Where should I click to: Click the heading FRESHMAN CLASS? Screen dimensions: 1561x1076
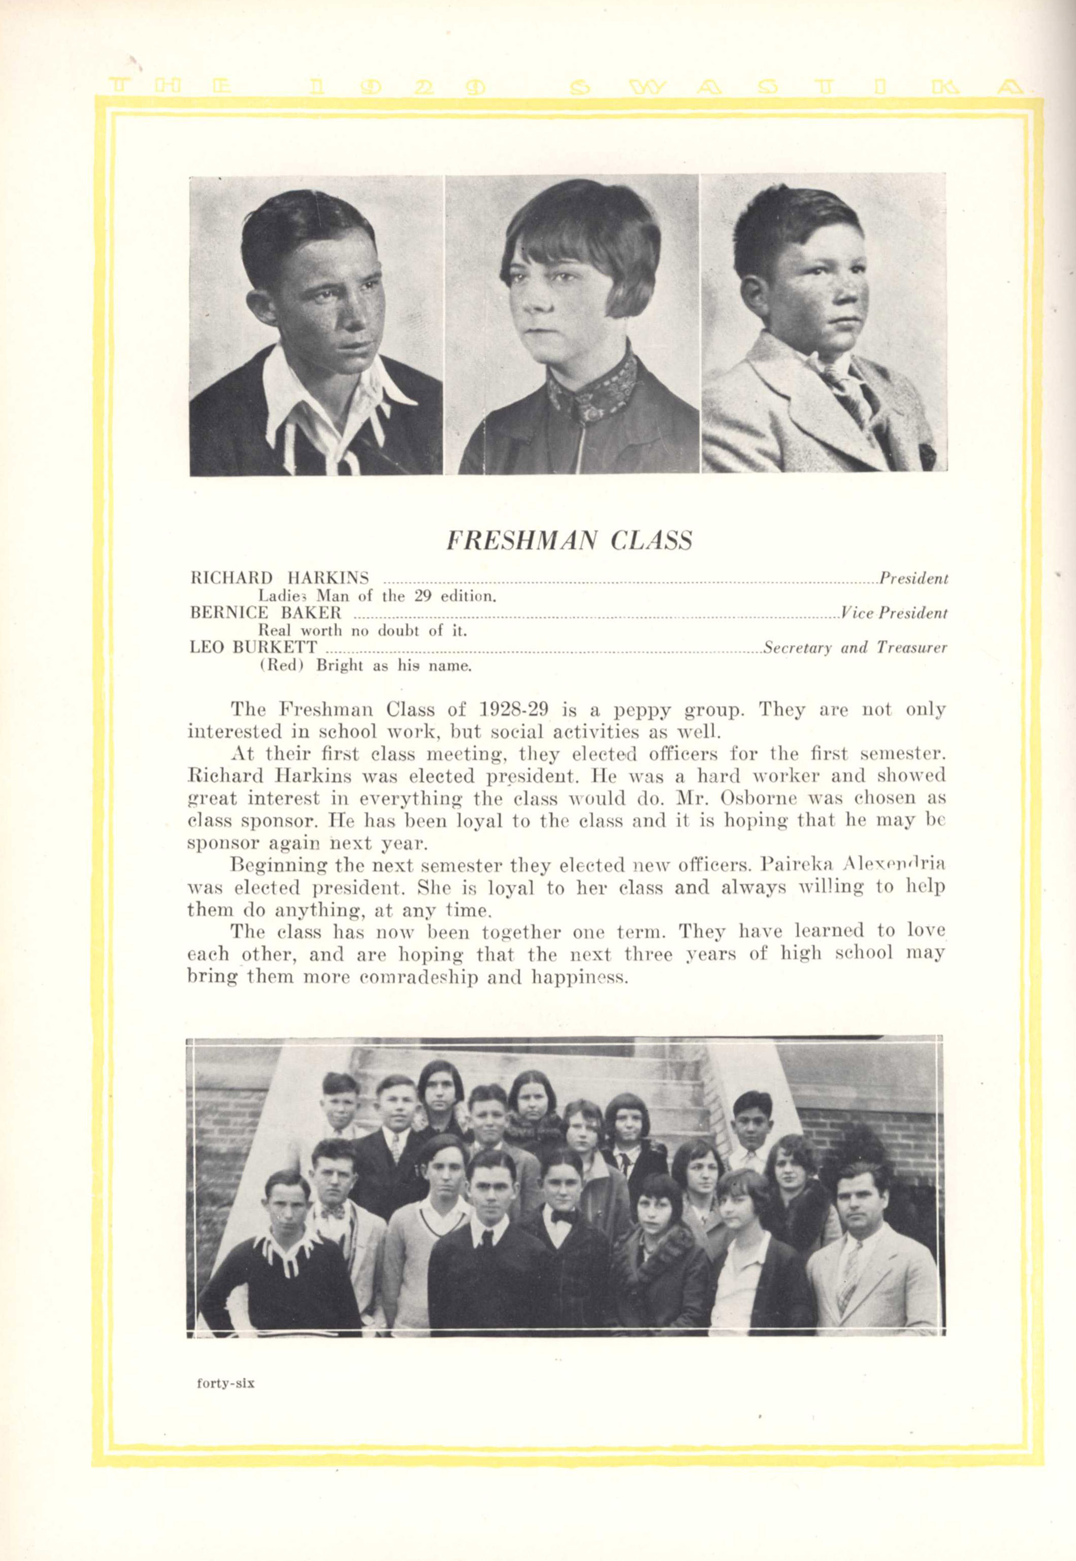pos(569,541)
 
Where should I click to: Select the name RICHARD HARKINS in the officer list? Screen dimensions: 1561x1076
pos(280,578)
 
